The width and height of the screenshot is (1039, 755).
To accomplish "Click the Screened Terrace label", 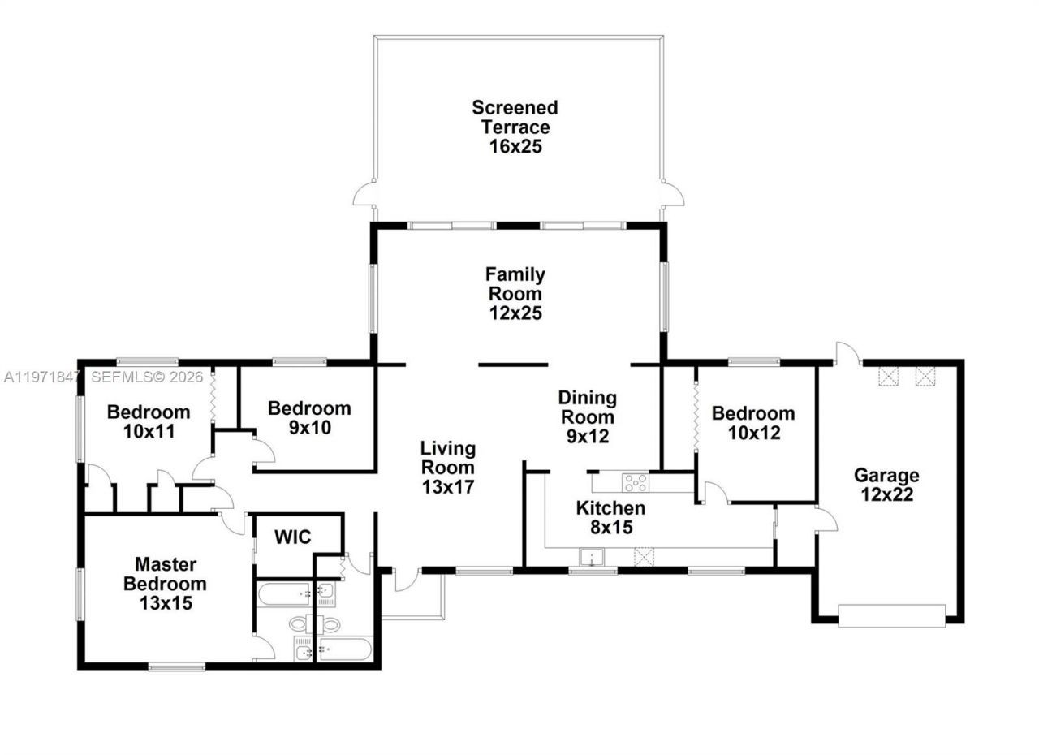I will tap(515, 127).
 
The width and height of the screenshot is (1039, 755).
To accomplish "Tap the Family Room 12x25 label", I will tap(515, 293).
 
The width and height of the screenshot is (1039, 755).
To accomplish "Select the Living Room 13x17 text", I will tap(447, 467).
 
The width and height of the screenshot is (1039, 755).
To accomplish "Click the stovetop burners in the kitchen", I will tap(635, 482).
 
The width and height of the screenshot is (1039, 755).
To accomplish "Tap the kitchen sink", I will tap(592, 557).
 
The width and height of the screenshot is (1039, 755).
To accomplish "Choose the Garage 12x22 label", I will tap(886, 485).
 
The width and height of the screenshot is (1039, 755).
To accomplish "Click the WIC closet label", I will tap(292, 537).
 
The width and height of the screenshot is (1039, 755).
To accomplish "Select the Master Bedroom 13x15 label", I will tap(165, 583).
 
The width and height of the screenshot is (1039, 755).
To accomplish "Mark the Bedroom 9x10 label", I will tap(309, 417).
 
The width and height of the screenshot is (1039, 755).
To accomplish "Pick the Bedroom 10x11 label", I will tap(149, 421).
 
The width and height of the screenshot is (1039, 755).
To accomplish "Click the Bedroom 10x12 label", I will tap(753, 423).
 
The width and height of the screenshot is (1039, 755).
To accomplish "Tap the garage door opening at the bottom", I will tap(891, 616).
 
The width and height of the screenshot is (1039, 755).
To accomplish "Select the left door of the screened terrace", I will tap(364, 194).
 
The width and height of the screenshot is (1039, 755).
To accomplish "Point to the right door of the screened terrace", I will tap(673, 194).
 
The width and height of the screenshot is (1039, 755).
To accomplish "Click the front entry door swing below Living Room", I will tap(406, 580).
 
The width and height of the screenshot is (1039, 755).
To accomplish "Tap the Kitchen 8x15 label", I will tap(610, 517).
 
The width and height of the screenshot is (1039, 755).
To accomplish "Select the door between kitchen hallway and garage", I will tap(826, 520).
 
